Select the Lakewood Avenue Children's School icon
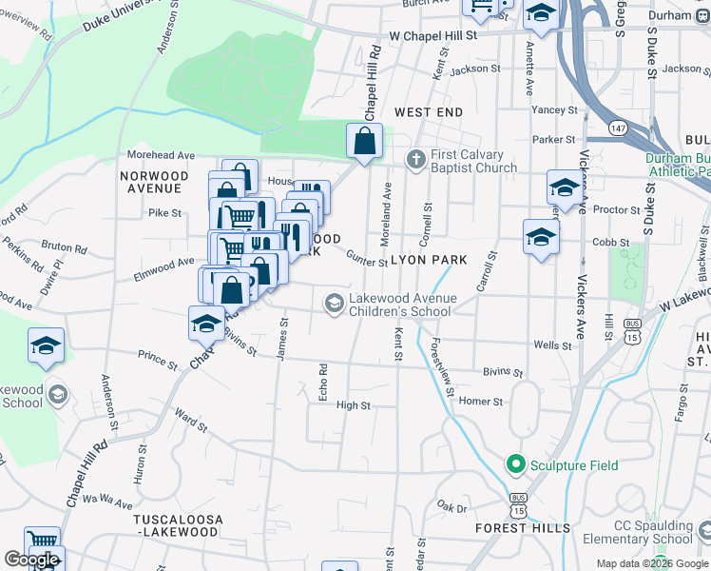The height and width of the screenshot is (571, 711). coord(334,304)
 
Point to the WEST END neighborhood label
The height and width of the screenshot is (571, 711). coord(429,112)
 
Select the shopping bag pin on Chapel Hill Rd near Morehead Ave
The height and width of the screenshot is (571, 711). coord(364,143)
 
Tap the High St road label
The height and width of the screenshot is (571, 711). coord(353,405)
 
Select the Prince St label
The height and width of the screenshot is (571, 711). coord(158,362)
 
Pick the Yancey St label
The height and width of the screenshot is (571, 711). coord(554,110)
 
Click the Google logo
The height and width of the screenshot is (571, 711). coord(31,560)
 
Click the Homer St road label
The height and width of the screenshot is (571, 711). coord(480,402)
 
